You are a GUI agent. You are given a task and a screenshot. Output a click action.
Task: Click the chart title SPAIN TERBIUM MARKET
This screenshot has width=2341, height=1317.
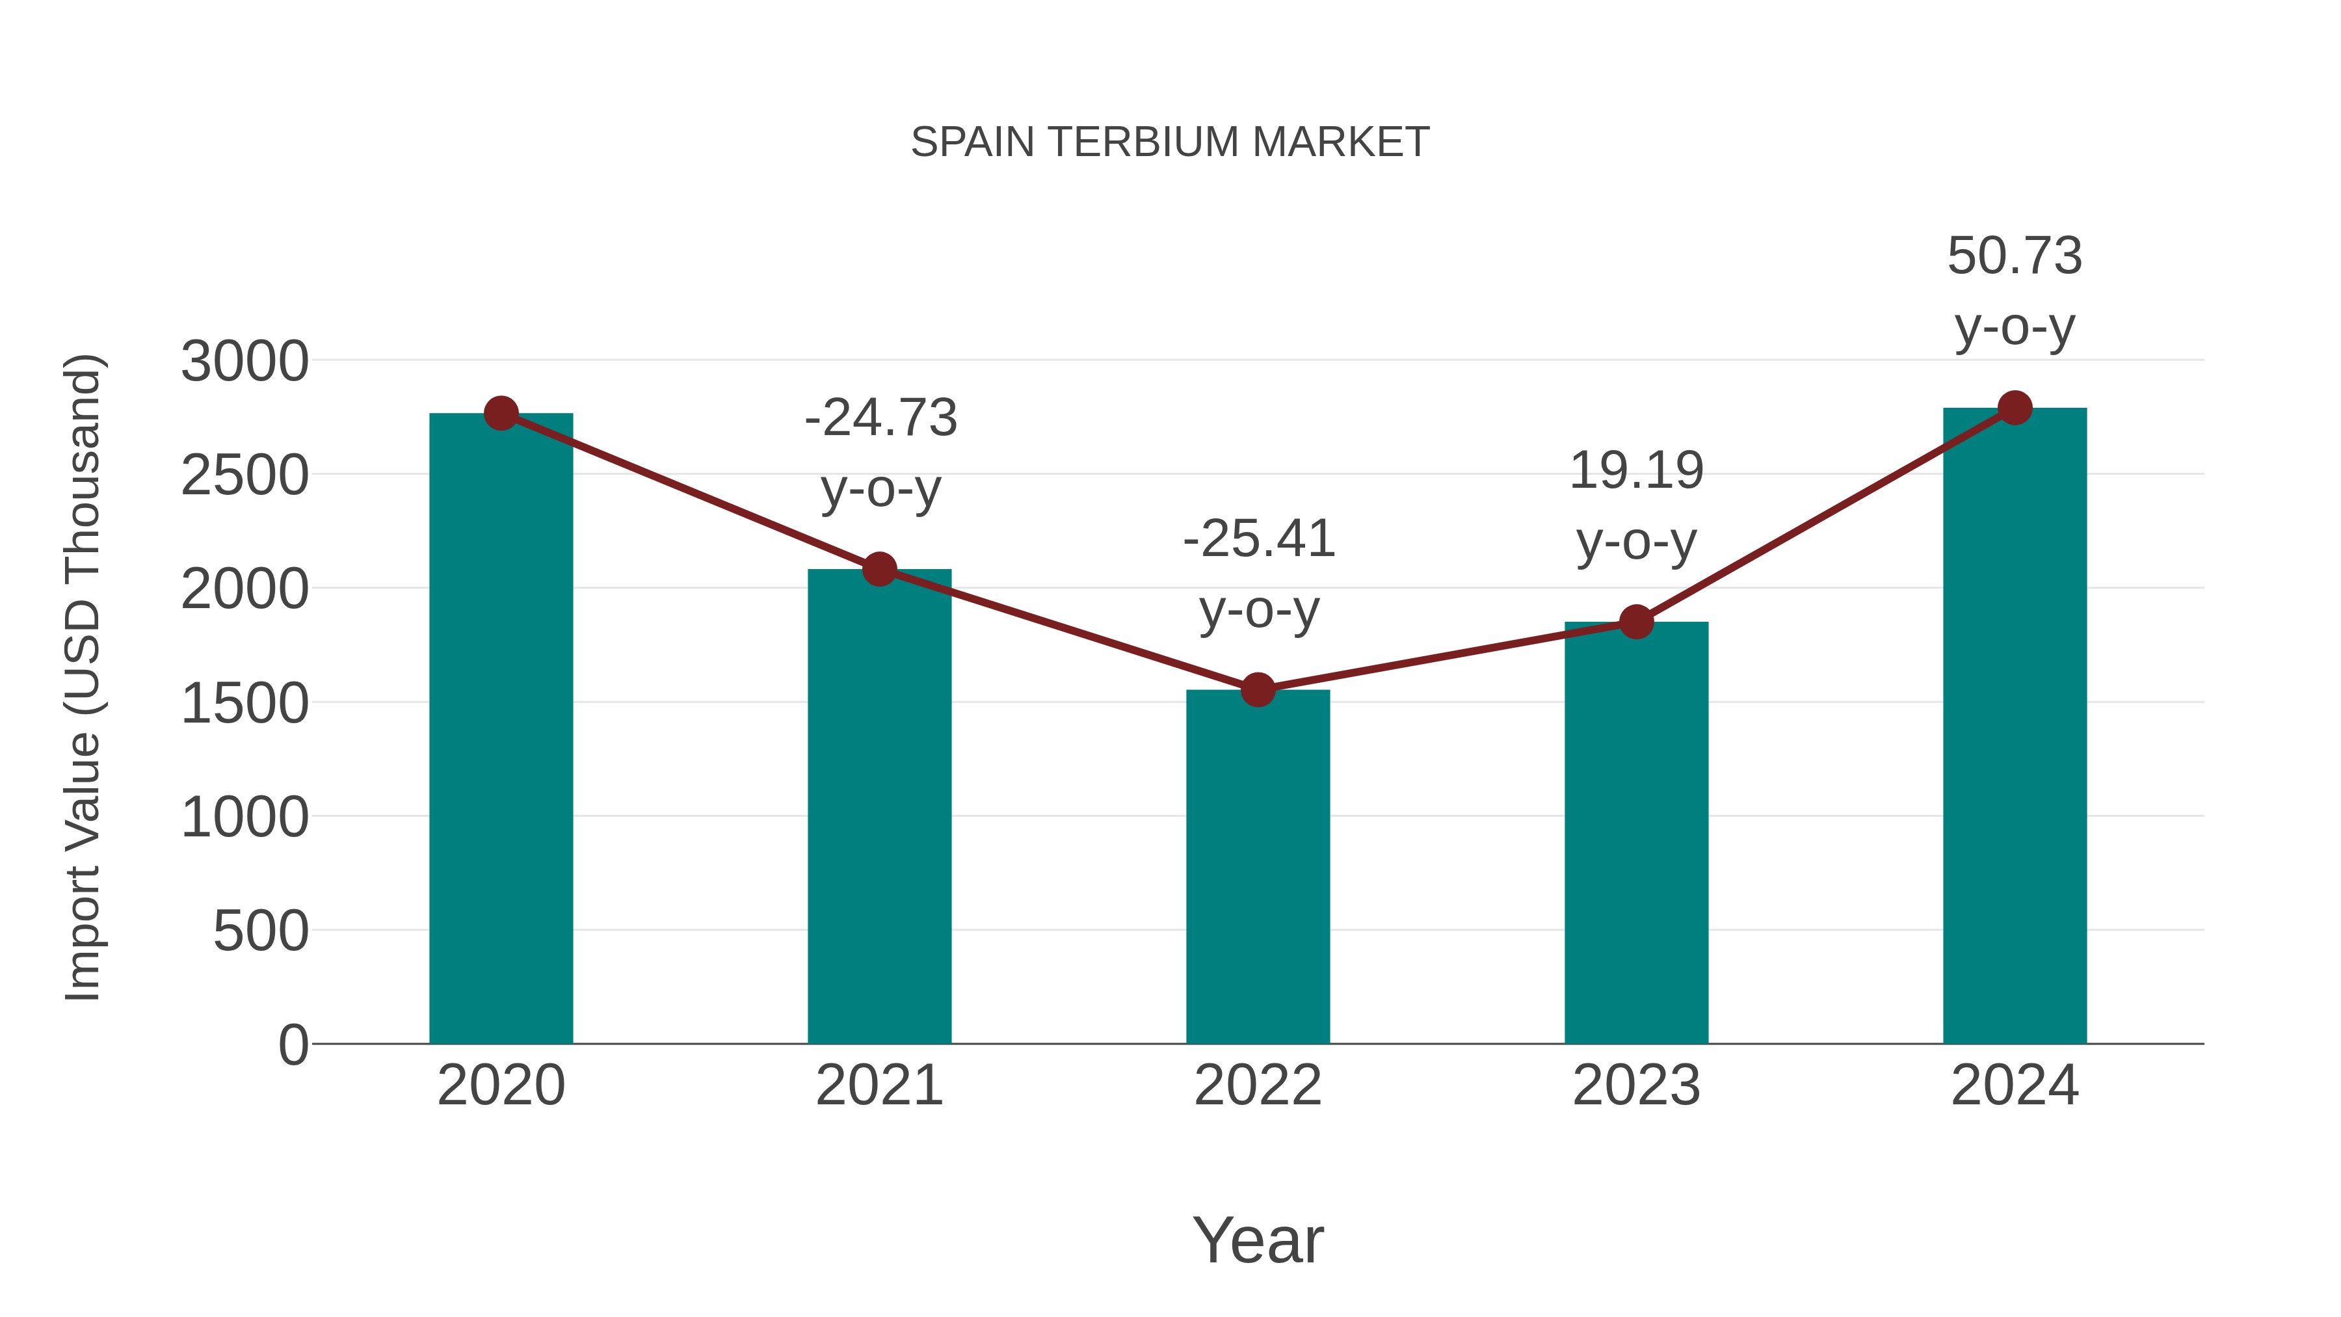coord(1170,142)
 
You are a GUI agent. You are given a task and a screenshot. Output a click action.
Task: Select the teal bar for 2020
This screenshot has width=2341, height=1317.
coord(501,727)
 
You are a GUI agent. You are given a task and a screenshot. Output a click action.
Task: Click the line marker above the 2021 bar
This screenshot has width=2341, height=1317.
coord(879,569)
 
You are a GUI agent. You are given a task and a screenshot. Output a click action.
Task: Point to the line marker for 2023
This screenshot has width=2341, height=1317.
coord(1636,622)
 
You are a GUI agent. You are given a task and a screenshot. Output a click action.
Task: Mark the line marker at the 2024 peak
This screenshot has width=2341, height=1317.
coord(2015,407)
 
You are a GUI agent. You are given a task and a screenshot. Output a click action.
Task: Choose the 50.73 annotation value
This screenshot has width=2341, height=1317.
coord(2015,256)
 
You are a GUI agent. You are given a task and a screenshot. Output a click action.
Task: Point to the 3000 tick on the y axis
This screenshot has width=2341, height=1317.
coord(245,362)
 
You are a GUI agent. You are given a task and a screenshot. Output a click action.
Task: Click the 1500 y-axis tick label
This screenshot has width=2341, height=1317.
coord(245,704)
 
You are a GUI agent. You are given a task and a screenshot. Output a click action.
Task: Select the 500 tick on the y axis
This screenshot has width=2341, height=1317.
coord(261,931)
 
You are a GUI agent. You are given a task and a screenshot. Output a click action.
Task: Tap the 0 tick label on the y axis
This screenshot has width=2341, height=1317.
coord(293,1045)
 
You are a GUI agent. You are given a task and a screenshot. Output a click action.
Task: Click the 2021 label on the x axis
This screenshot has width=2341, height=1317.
coord(879,1086)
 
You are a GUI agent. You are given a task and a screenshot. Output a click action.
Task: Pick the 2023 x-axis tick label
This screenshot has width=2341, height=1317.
coord(1636,1086)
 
